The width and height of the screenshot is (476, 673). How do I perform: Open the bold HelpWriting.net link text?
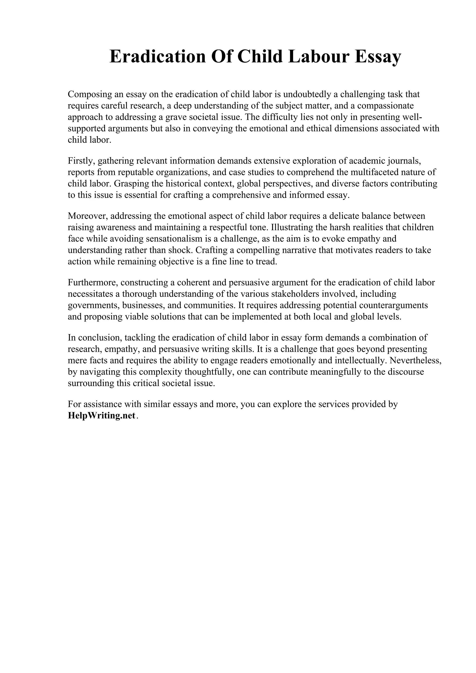click(x=102, y=416)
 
